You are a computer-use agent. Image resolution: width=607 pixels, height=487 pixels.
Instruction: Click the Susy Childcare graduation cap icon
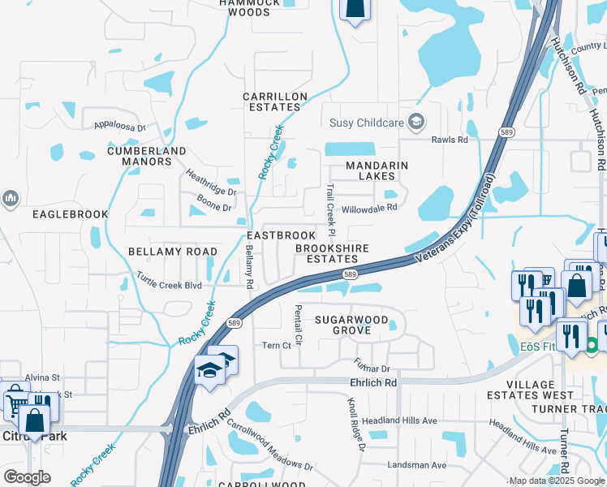(416, 123)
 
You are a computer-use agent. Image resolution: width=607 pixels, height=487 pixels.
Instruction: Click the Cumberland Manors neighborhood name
(147, 156)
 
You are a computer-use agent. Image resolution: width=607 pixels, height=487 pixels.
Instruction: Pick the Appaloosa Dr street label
(119, 127)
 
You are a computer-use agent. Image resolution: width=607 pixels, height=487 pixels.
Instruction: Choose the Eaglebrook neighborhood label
(70, 214)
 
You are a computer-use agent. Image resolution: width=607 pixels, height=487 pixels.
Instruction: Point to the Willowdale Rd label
(369, 208)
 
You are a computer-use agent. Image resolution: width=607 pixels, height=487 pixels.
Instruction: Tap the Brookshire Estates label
(332, 253)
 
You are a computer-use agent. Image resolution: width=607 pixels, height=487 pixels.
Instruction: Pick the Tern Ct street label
(277, 345)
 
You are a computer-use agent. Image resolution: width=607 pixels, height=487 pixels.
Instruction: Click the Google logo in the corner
(27, 477)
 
